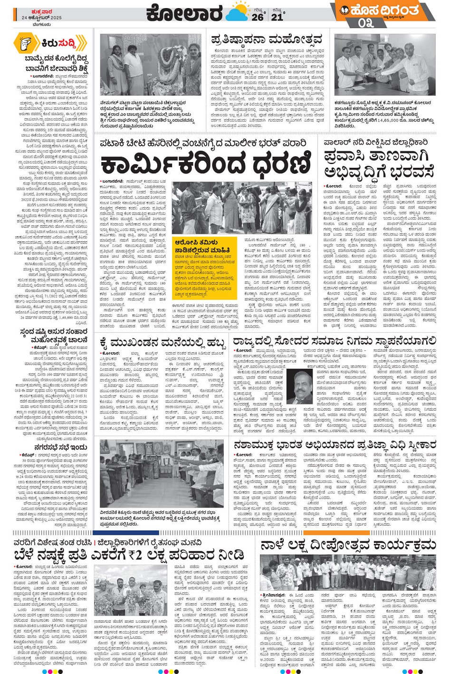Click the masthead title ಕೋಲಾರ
point(184,13)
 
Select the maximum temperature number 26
point(258,17)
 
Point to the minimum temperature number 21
point(277,17)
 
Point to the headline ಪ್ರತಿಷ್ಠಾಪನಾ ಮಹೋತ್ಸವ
point(267,39)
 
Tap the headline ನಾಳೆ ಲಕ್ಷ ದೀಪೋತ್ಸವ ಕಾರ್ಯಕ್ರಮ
point(347,545)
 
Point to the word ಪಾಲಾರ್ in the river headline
point(337,142)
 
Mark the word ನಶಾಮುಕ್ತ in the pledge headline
point(258,445)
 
